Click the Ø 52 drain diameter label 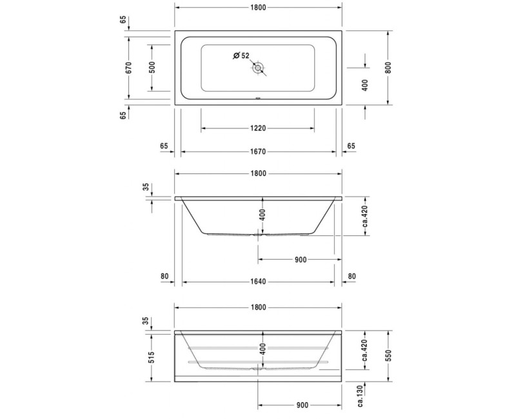pyautogui.click(x=241, y=55)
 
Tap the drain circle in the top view pyautogui.click(x=259, y=68)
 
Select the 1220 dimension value pyautogui.click(x=258, y=128)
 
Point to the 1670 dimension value pyautogui.click(x=258, y=152)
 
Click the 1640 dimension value pyautogui.click(x=258, y=282)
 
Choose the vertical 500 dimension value pyautogui.click(x=152, y=68)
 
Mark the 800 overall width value pyautogui.click(x=388, y=68)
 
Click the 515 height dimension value pyautogui.click(x=152, y=358)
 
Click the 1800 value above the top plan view pyautogui.click(x=258, y=6)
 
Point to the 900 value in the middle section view pyautogui.click(x=300, y=259)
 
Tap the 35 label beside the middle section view pyautogui.click(x=146, y=188)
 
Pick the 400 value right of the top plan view pyautogui.click(x=365, y=84)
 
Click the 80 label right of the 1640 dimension pyautogui.click(x=352, y=277)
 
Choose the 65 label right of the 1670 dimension pyautogui.click(x=352, y=146)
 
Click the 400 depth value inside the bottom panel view pyautogui.click(x=263, y=350)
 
